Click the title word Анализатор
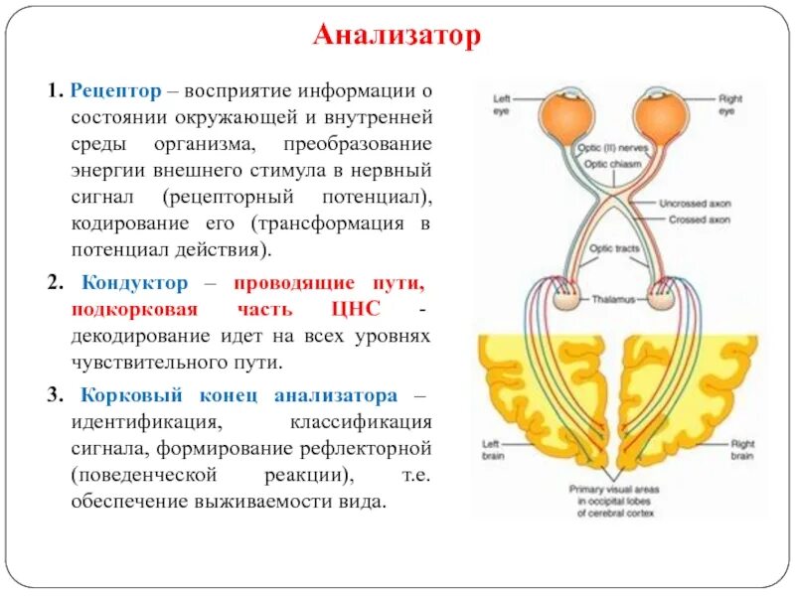(x=397, y=37)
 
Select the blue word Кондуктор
(x=133, y=284)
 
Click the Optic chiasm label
(x=609, y=163)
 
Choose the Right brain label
(x=742, y=450)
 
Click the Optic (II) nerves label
(x=607, y=148)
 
